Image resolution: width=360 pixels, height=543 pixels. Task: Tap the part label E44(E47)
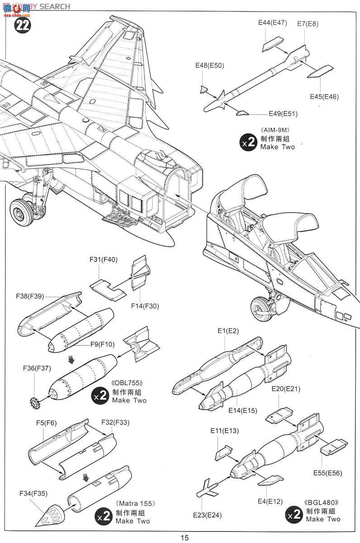coord(273,23)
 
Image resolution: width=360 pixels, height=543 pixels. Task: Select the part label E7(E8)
coord(308,24)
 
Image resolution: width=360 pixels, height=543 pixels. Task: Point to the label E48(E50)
coord(209,66)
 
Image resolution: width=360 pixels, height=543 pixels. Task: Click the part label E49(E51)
coord(283,114)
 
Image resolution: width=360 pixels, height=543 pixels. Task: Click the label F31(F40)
coord(104,259)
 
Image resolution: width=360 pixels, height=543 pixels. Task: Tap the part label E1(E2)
coord(227,331)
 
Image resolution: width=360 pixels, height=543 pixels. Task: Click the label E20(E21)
coord(286,389)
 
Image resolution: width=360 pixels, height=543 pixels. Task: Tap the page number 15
coord(184,538)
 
